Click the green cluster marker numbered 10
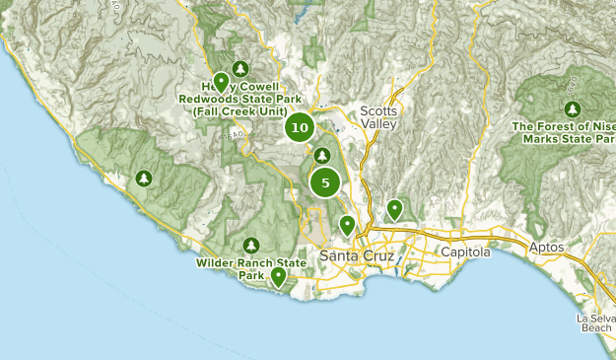tap(301, 127)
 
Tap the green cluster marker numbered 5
tap(324, 182)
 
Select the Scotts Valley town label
tap(377, 117)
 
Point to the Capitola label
tap(464, 252)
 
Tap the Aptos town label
tap(546, 248)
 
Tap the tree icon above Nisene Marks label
tap(573, 108)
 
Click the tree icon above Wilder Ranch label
tap(251, 245)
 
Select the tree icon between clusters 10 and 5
tap(322, 155)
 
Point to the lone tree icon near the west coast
tap(144, 179)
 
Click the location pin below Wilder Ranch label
tap(279, 277)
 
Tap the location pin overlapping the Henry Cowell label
tap(222, 82)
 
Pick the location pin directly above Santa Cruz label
tap(347, 225)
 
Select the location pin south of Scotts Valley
tap(394, 208)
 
